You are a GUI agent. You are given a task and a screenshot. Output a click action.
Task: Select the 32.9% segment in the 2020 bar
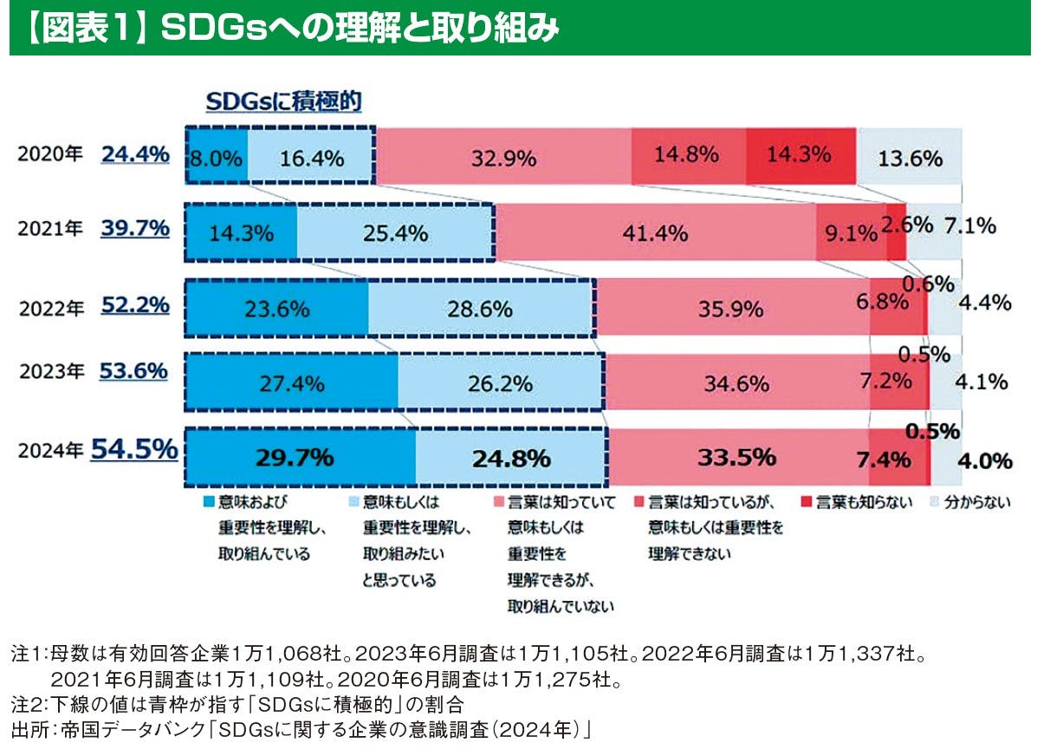tap(503, 159)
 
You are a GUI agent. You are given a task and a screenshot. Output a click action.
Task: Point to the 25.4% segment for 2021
tap(395, 233)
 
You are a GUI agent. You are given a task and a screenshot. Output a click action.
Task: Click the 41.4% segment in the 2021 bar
tap(655, 233)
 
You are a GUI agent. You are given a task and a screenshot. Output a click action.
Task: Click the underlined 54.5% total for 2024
tap(134, 449)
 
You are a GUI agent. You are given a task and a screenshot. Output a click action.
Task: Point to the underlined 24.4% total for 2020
tap(134, 154)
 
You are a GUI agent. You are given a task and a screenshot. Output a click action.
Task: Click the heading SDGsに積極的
tap(282, 101)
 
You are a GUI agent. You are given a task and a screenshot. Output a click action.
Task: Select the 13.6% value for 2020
tap(910, 159)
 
